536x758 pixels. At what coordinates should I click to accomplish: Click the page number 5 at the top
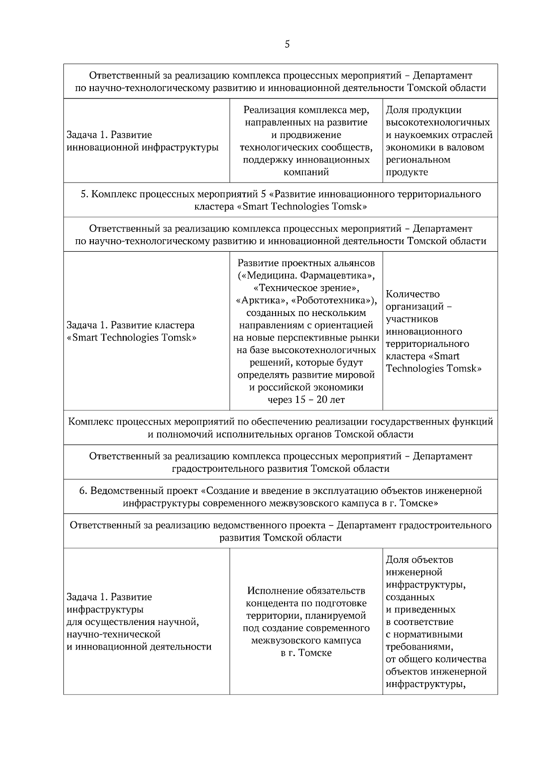(x=287, y=44)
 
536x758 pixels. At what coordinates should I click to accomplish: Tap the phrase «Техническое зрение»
(x=306, y=287)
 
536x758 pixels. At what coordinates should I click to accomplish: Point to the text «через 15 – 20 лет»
(x=306, y=400)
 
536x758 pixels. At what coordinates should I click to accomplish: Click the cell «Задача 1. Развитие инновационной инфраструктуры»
(x=143, y=141)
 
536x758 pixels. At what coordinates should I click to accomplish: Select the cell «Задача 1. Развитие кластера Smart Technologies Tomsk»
(x=132, y=331)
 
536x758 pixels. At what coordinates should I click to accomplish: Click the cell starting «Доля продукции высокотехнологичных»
(x=439, y=141)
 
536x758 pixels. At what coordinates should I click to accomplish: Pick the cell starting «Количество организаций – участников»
(x=433, y=331)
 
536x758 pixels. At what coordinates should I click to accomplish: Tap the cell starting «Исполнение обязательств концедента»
(x=306, y=621)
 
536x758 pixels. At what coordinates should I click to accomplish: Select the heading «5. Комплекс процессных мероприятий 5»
(x=281, y=200)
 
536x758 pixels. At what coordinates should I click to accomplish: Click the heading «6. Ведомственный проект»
(x=281, y=496)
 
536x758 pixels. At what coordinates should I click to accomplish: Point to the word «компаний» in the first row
(x=306, y=172)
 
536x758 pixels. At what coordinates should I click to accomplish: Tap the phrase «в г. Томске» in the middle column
(x=306, y=653)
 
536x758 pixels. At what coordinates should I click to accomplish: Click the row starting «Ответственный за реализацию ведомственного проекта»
(x=281, y=531)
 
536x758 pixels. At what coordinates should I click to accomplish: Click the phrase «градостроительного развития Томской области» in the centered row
(x=281, y=469)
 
